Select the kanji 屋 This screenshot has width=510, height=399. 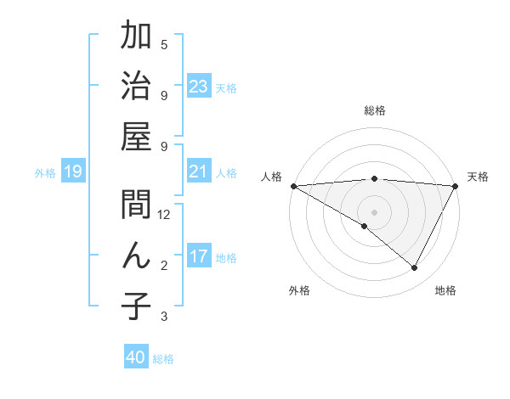pos(136,137)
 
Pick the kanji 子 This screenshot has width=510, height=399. pos(136,306)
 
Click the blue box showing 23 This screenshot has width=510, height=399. pos(199,87)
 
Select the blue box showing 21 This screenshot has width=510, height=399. pos(199,171)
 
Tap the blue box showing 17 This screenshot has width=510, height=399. pos(199,256)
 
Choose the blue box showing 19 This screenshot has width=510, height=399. pos(73,172)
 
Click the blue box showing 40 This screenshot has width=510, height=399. pos(136,357)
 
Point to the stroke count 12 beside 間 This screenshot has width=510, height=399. pos(164,215)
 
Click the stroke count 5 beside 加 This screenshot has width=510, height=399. pos(164,44)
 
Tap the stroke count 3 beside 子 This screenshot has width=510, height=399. pos(164,317)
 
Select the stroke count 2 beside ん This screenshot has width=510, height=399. pos(164,266)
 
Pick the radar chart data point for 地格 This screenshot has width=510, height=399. pos(415,268)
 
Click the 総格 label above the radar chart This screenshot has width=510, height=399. pos(375,110)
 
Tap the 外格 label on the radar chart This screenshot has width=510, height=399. pos(299,290)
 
